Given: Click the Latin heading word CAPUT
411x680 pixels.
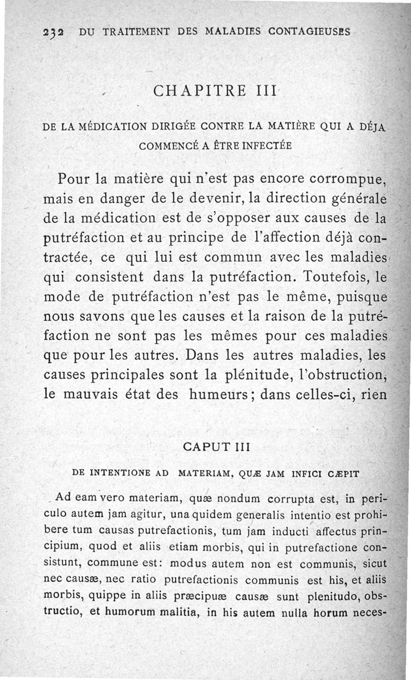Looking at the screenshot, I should click(x=201, y=447).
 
